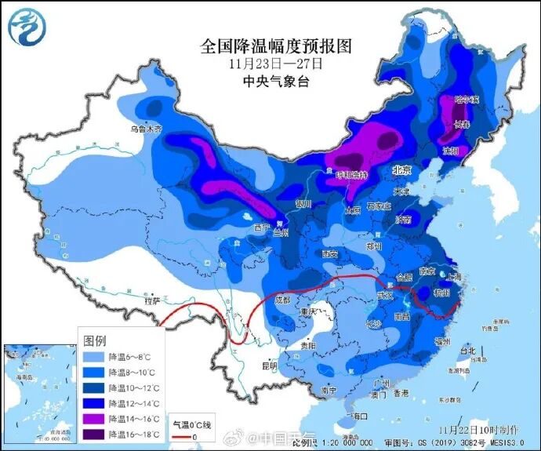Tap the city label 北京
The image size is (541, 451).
(x=402, y=170)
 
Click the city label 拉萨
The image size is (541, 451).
(x=152, y=300)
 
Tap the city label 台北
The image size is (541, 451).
(x=468, y=351)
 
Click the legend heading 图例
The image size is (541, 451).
(x=94, y=340)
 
